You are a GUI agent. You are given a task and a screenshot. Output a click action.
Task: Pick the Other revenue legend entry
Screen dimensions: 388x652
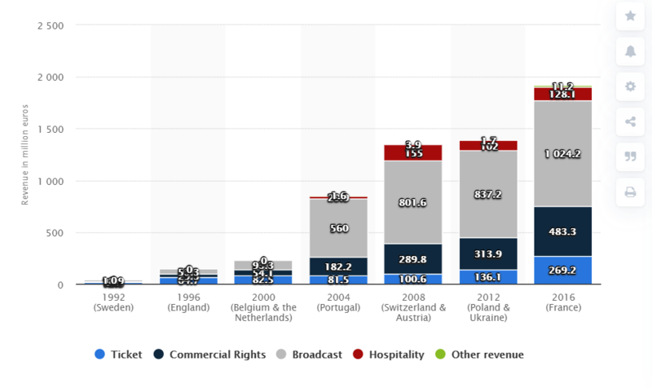(482, 355)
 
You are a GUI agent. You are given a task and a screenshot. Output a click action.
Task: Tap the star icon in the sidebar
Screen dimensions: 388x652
(630, 16)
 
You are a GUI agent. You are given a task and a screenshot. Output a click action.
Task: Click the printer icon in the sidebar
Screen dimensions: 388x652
(630, 192)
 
